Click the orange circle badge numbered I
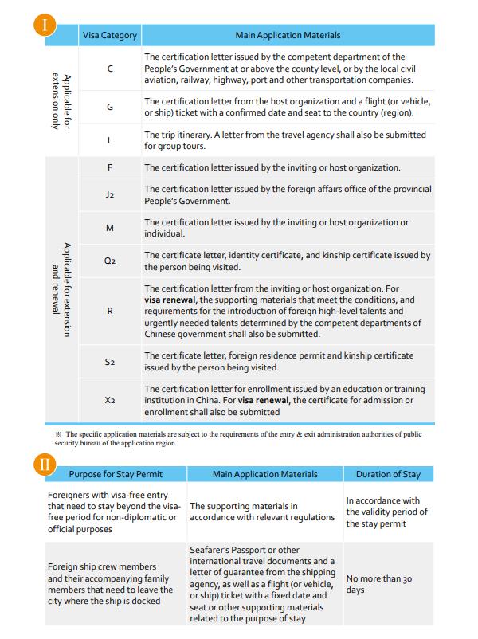48,24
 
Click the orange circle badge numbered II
48,464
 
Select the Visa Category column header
110,36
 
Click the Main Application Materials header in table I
288,36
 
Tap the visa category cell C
110,69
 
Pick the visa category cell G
110,107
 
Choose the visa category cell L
110,140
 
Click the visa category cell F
110,168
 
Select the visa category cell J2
110,195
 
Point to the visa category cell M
110,229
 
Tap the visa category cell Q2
110,261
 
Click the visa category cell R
110,311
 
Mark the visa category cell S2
110,361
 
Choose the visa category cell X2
110,400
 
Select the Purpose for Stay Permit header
116,474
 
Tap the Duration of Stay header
388,474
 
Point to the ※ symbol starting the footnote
58,434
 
